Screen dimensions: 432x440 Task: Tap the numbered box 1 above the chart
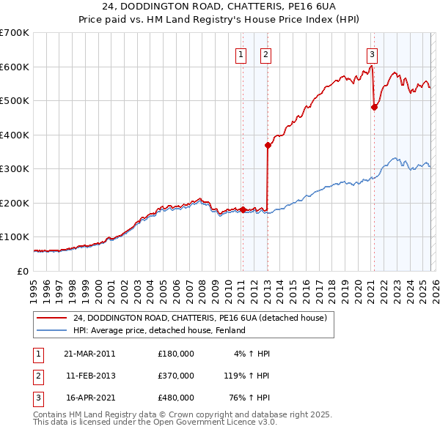click(241, 53)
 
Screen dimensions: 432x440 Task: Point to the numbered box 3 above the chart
click(372, 53)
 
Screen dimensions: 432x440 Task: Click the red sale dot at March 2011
click(243, 209)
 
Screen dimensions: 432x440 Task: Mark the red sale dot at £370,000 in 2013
click(268, 145)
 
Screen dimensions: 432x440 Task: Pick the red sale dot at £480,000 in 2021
click(374, 108)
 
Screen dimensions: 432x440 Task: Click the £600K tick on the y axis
click(15, 67)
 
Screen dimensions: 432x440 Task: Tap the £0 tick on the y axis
click(23, 271)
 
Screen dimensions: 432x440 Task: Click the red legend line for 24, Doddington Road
click(51, 319)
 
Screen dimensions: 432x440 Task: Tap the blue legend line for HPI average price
click(51, 331)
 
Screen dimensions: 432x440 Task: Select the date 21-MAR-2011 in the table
click(89, 354)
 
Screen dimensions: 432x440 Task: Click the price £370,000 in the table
click(176, 376)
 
